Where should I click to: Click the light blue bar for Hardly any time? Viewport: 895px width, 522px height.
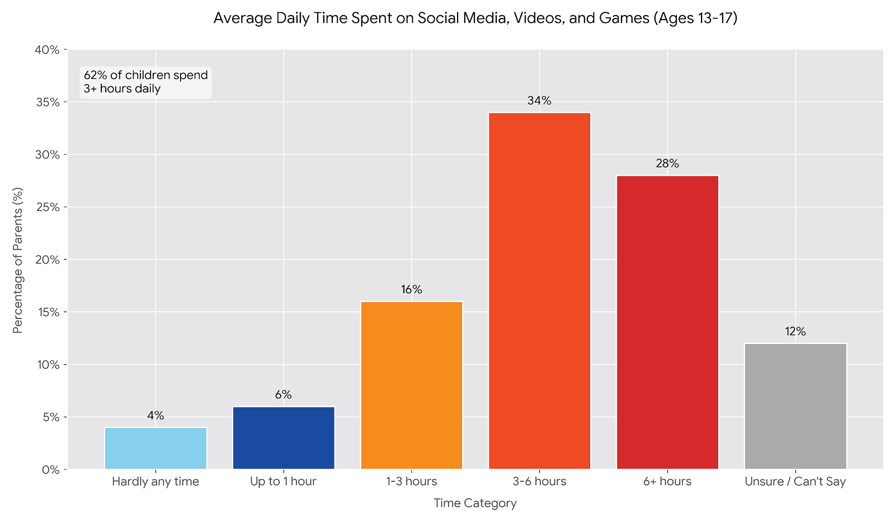[156, 448]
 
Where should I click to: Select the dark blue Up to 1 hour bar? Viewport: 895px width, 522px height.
[284, 438]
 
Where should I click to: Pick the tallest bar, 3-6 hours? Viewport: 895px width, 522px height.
[539, 291]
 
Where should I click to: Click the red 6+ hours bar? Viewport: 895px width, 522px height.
[667, 322]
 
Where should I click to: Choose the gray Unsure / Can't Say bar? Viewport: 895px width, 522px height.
[795, 406]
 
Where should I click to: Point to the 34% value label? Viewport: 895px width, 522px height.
[539, 101]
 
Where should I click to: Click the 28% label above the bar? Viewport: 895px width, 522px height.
[667, 163]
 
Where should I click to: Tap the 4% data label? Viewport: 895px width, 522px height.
[156, 416]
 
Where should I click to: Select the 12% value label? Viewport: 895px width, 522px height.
[795, 332]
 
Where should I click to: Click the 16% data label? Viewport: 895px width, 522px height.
[412, 290]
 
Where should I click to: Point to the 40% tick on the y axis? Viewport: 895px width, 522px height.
[47, 50]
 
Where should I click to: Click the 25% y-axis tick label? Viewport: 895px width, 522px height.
[47, 207]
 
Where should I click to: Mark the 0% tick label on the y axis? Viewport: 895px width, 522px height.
[50, 469]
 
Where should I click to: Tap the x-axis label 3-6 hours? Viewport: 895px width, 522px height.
[539, 481]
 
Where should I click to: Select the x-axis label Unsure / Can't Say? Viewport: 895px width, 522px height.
[795, 481]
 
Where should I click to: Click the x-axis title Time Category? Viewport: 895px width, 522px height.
[475, 503]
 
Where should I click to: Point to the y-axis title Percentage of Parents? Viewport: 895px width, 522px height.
[18, 260]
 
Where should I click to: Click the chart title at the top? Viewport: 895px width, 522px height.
[475, 18]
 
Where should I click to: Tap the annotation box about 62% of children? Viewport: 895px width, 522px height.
[145, 82]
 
